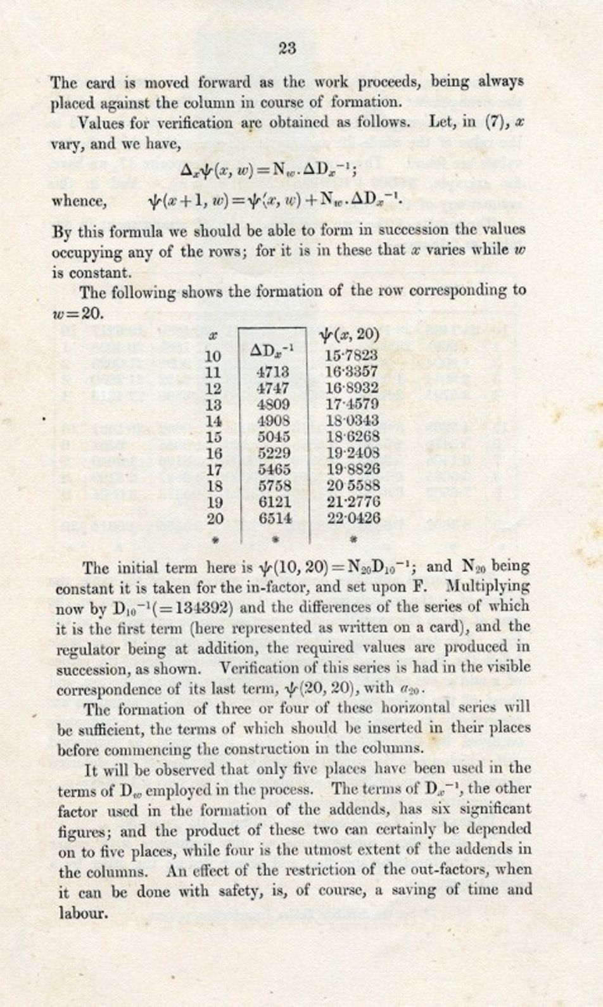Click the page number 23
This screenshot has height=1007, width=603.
click(x=287, y=48)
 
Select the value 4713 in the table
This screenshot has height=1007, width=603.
click(x=274, y=372)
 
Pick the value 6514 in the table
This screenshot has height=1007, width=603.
click(x=275, y=518)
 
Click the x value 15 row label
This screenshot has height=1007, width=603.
click(x=215, y=437)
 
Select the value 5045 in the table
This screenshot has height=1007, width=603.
click(x=274, y=436)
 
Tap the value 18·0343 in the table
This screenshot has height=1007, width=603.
click(x=352, y=421)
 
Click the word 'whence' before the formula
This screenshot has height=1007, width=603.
click(x=78, y=201)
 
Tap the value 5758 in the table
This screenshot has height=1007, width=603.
click(x=274, y=486)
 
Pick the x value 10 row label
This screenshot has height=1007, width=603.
click(x=214, y=356)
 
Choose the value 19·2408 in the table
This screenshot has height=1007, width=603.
click(x=352, y=453)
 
